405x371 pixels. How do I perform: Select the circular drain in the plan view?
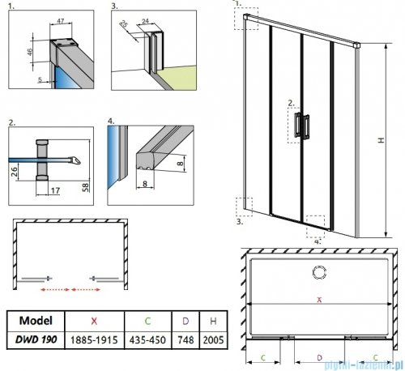pyautogui.click(x=318, y=271)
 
